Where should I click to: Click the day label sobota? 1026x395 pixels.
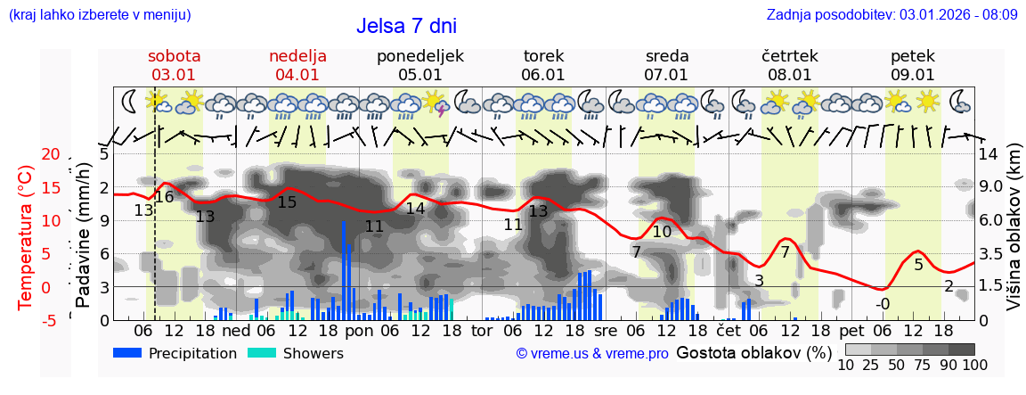(175, 56)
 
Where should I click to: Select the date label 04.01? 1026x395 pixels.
(297, 75)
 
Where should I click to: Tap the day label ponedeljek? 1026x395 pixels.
(420, 56)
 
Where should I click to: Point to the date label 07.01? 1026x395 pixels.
(666, 75)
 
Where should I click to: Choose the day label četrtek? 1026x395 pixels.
(790, 56)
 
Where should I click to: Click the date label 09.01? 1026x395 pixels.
(913, 75)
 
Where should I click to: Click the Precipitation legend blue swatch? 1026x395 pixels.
(128, 353)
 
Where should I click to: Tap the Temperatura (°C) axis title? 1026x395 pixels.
(27, 236)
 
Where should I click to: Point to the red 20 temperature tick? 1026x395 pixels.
(50, 155)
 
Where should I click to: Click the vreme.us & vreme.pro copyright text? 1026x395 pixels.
(592, 354)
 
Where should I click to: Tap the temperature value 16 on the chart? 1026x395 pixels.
(165, 197)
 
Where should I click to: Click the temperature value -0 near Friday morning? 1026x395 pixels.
(882, 304)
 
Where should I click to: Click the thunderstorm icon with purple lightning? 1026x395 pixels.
(436, 103)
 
